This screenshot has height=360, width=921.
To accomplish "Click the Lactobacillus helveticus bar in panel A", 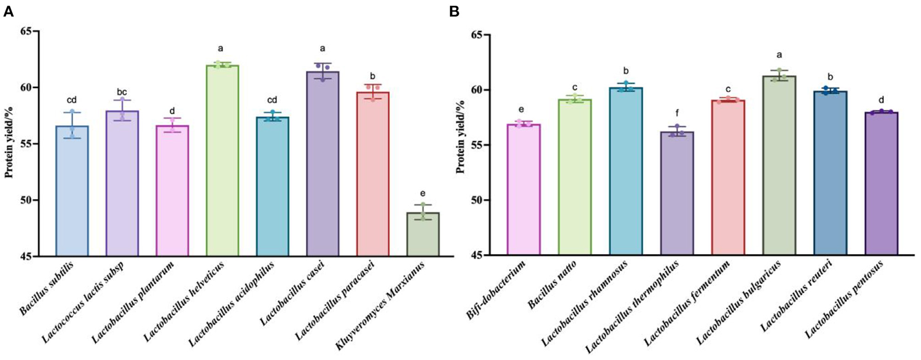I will pos(222,161).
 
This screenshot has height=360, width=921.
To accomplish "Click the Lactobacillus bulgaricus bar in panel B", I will pos(779,166).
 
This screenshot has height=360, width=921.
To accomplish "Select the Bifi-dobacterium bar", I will pos(523,190).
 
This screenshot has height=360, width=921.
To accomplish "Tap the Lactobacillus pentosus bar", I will pos(881,184).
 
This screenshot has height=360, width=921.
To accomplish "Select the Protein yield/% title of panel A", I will pos(9,143).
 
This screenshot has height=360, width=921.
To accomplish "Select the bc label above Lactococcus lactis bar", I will pos(122,92).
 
